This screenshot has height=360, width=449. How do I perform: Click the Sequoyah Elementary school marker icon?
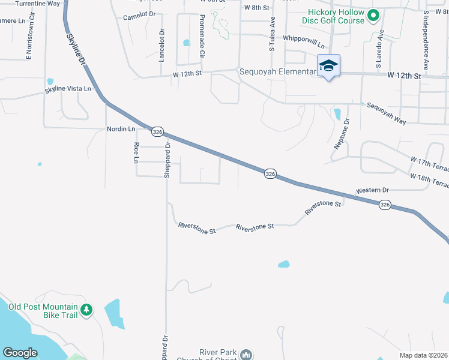[328, 65]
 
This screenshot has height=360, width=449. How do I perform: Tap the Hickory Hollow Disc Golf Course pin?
[373, 16]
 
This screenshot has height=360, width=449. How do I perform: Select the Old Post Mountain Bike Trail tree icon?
[87, 310]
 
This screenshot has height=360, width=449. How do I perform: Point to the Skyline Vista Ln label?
[68, 89]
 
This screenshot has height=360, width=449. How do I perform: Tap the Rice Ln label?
[136, 152]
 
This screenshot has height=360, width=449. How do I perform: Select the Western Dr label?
[372, 190]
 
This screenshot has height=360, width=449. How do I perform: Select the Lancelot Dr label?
[161, 46]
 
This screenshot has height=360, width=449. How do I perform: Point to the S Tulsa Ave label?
[272, 34]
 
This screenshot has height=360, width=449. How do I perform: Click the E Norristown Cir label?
[28, 41]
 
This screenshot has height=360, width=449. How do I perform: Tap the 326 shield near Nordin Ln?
[157, 131]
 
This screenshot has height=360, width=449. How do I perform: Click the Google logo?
[20, 352]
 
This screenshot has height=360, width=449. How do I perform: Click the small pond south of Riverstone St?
[283, 264]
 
